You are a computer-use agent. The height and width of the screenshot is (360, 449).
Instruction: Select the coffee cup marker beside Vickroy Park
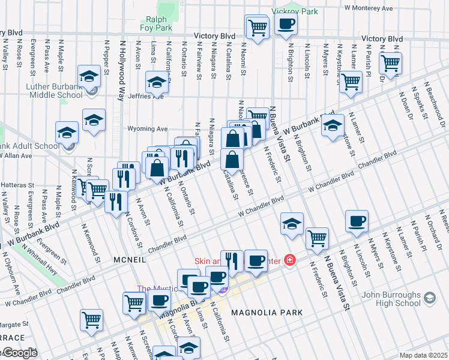285,25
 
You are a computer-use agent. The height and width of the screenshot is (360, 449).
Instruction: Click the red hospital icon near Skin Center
289,260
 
